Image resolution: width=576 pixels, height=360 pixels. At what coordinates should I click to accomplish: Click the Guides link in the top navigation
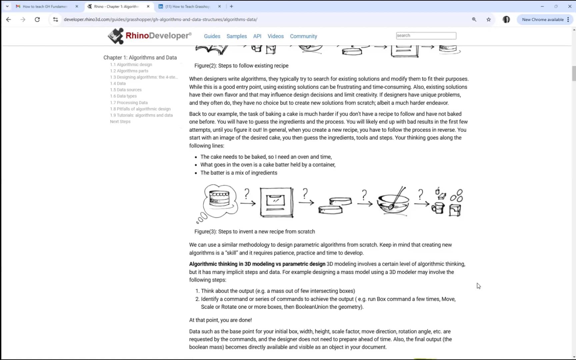tap(212, 36)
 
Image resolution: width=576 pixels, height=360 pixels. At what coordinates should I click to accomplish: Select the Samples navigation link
tap(236, 36)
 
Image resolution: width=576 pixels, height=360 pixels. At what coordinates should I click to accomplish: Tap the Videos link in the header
tap(275, 36)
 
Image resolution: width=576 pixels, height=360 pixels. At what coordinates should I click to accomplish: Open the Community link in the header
tap(303, 36)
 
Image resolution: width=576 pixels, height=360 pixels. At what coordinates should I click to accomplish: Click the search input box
tap(426, 36)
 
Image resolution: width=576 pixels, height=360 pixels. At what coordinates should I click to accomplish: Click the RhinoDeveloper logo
tap(150, 36)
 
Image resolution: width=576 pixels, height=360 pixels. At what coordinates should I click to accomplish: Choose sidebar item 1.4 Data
tap(118, 83)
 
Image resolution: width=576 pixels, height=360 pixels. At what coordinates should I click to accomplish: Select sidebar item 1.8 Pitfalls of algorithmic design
tap(140, 109)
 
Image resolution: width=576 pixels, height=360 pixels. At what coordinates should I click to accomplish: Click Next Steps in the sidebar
tap(120, 122)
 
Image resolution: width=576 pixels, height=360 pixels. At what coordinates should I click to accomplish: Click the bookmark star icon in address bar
tap(488, 19)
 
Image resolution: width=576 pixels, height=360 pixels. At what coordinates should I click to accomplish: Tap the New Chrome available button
tap(543, 19)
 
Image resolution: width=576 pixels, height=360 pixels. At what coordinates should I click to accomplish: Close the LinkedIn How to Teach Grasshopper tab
tap(219, 6)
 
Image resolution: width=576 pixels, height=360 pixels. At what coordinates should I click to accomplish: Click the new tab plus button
tap(231, 6)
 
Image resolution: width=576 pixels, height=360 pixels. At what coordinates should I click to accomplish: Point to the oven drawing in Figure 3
tap(276, 202)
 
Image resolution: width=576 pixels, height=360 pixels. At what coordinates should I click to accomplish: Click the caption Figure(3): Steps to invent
tap(254, 231)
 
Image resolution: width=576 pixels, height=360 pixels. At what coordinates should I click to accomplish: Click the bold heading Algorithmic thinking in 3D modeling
tap(257, 264)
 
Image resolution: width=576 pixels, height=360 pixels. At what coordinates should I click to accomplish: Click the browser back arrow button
tap(9, 19)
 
